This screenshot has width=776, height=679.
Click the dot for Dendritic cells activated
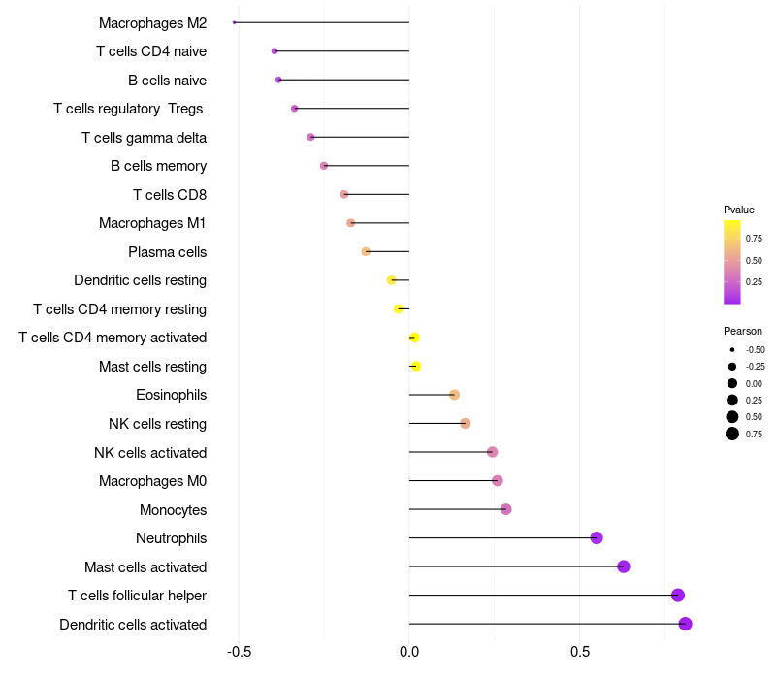point(685,624)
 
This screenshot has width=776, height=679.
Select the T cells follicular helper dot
point(677,596)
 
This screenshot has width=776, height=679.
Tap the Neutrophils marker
point(597,538)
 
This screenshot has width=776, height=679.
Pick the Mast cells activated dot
point(624,566)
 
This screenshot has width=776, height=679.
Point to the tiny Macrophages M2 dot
point(235,22)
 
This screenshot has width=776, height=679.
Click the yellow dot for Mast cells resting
point(416,367)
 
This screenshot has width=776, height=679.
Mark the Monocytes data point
point(505,509)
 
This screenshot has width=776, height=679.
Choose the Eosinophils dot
point(454,395)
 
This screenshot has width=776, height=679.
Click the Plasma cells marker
point(366,252)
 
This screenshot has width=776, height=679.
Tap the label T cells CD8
point(170,195)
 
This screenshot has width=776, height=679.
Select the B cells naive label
point(167,81)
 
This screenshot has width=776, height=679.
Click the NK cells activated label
point(150,453)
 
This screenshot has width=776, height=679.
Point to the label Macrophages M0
point(152,481)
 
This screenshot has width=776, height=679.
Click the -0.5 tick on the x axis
point(239,652)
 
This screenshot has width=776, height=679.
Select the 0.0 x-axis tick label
point(409,652)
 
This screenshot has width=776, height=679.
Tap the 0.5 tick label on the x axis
point(579,652)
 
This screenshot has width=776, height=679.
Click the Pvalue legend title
point(738,210)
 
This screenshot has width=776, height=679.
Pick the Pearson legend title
point(742,331)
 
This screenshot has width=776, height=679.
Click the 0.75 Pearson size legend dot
point(732,434)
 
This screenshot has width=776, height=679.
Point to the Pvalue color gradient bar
point(732,262)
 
